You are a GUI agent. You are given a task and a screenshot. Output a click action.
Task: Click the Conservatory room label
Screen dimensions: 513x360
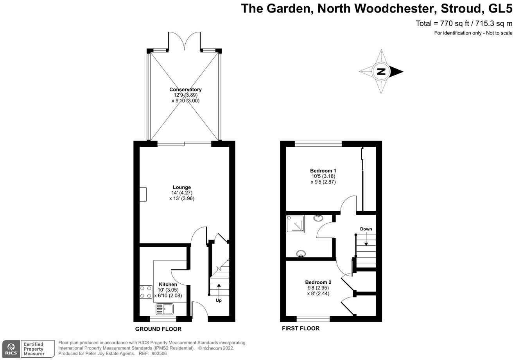pos(185,90)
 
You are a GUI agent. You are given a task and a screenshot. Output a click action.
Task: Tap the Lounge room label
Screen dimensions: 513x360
pos(182,187)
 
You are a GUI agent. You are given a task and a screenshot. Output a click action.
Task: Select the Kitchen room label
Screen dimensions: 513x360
pos(168,284)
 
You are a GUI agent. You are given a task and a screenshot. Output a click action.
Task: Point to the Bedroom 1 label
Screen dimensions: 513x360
pos(323,171)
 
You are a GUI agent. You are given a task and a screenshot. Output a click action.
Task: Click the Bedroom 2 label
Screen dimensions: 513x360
pos(318,282)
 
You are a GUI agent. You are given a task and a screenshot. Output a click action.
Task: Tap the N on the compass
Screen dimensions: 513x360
pos(381,72)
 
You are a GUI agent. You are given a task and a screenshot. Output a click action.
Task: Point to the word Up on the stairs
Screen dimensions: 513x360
pos(219,301)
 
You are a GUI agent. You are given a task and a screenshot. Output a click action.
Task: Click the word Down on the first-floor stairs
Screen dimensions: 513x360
pos(366,229)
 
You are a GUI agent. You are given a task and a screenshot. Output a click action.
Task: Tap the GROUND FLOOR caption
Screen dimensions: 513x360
pos(158,329)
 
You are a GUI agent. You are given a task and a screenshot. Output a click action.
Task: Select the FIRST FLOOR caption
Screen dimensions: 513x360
pos(301,329)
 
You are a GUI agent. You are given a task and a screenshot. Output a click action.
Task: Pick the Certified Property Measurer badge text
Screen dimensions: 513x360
pos(33,349)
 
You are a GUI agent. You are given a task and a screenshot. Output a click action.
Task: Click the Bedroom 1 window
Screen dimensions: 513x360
pos(318,144)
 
